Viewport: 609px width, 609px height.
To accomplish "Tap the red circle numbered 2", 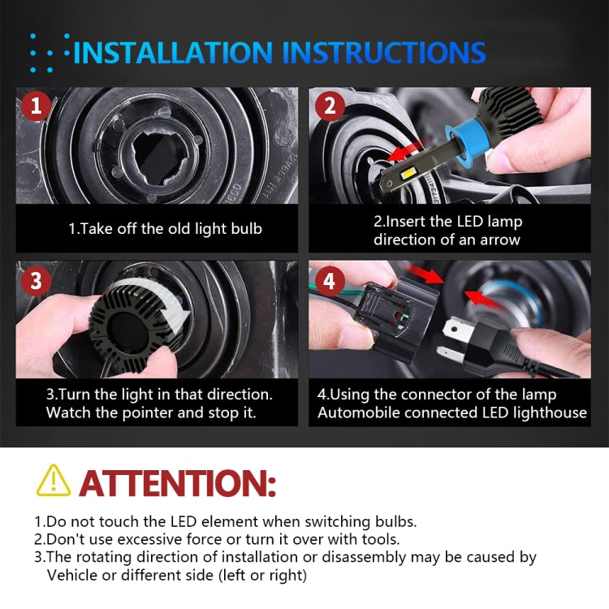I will [x=329, y=106].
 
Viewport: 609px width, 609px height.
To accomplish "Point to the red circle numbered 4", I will [x=329, y=282].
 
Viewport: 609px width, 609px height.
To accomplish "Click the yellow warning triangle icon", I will [x=54, y=481].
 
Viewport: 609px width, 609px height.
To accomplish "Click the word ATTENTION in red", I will [x=178, y=482].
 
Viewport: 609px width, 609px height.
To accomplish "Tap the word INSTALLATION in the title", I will [x=175, y=53].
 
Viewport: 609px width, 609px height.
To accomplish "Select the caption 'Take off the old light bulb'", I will [x=165, y=229].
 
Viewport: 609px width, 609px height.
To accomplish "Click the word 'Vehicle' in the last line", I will [x=74, y=575].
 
